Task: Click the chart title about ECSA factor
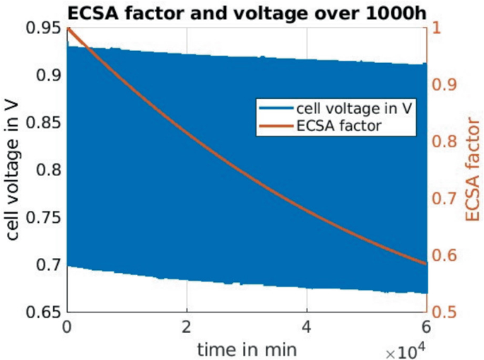click(244, 11)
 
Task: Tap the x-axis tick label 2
click(187, 327)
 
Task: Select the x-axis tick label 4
click(307, 327)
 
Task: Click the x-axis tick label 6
click(427, 327)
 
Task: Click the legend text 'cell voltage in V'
click(341, 110)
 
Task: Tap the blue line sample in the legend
click(275, 110)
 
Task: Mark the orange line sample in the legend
click(275, 126)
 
